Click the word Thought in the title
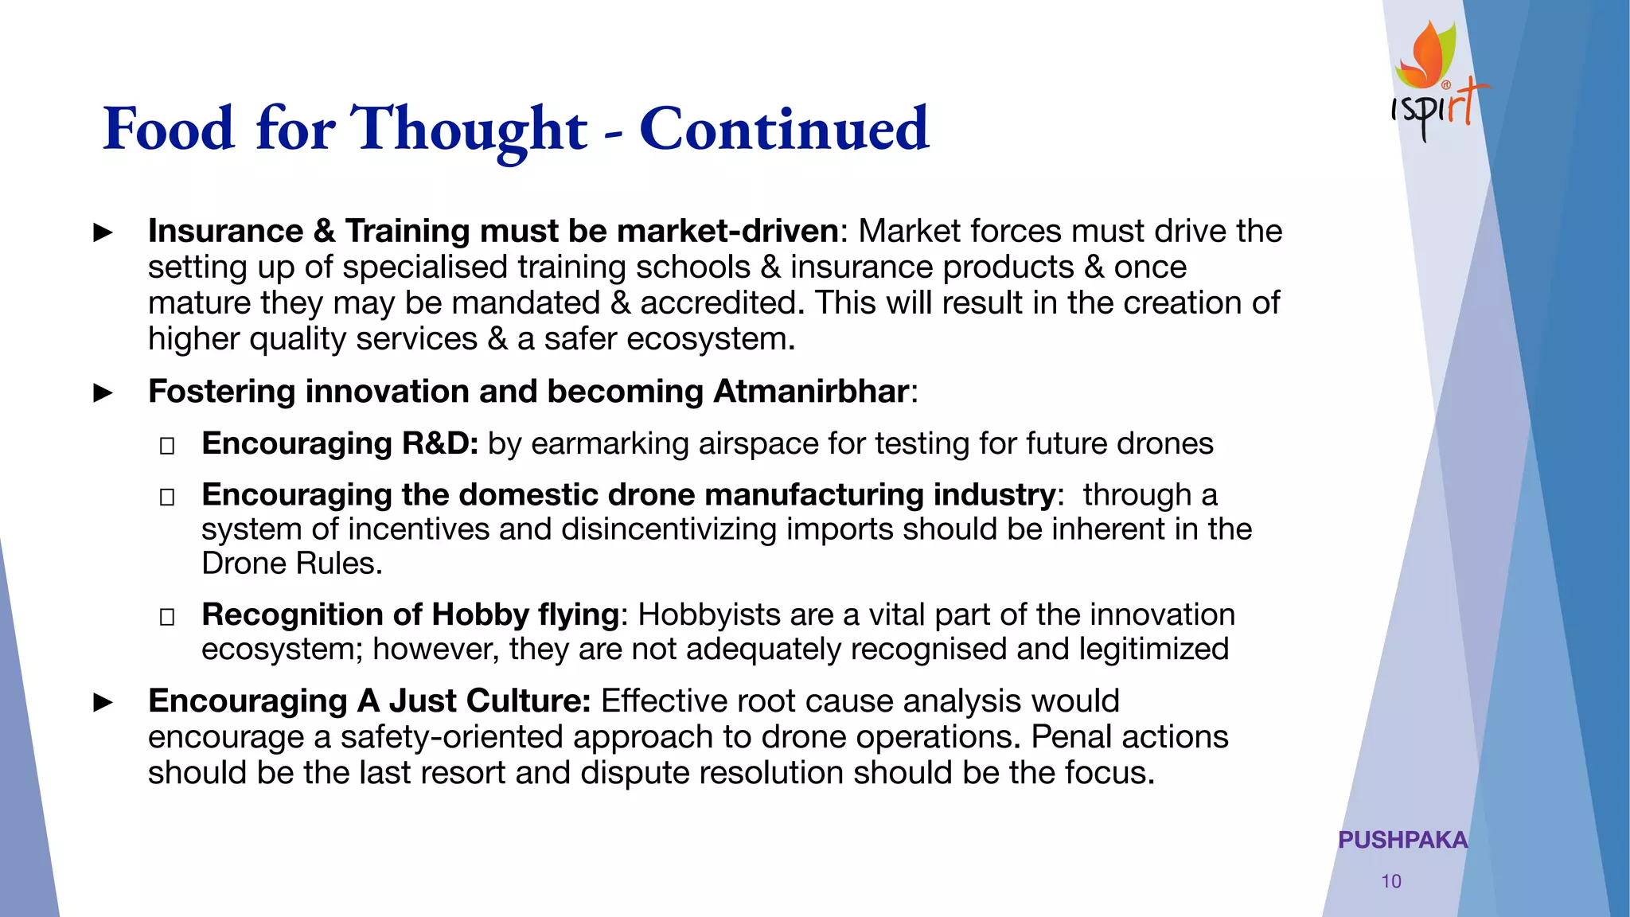[469, 129]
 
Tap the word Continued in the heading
[784, 129]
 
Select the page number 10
[1391, 881]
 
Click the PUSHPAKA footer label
[1402, 840]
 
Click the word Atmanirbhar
[811, 392]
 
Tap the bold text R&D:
[440, 443]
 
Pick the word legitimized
[1154, 649]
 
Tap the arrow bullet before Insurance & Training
[103, 232]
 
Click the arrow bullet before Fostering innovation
[103, 392]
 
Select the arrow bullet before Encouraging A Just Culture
[103, 702]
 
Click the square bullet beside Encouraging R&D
[167, 445]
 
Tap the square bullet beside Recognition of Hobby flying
[167, 616]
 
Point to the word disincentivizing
[669, 529]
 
